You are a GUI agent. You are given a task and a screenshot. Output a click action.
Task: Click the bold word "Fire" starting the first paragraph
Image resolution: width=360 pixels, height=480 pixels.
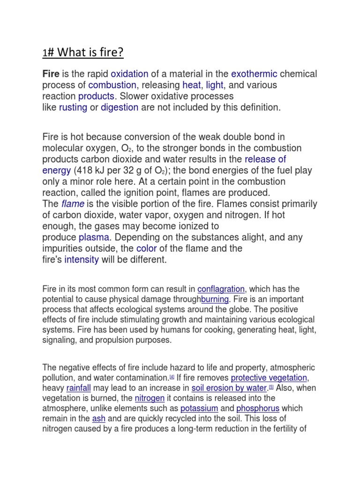(x=51, y=74)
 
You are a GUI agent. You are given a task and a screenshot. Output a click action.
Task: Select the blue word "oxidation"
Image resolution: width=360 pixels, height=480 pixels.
(x=129, y=74)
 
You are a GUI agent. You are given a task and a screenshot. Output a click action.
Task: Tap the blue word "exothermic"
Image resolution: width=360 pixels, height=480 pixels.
(x=254, y=74)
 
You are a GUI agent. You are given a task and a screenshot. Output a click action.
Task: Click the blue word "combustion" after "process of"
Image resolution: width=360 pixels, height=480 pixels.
(x=112, y=85)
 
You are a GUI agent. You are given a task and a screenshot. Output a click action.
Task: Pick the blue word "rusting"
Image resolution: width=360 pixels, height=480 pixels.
(x=73, y=107)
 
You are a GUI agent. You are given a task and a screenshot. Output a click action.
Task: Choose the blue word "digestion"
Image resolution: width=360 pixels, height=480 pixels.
(x=120, y=107)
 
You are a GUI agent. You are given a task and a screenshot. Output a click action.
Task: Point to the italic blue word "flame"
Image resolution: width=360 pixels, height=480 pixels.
(x=73, y=204)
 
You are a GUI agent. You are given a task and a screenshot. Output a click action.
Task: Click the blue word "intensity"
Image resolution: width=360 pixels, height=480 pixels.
(x=82, y=260)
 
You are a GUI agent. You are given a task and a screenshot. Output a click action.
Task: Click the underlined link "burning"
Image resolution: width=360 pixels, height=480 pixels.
(x=215, y=300)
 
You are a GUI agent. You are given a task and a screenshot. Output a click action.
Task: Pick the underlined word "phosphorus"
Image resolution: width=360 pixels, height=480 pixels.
(x=258, y=409)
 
